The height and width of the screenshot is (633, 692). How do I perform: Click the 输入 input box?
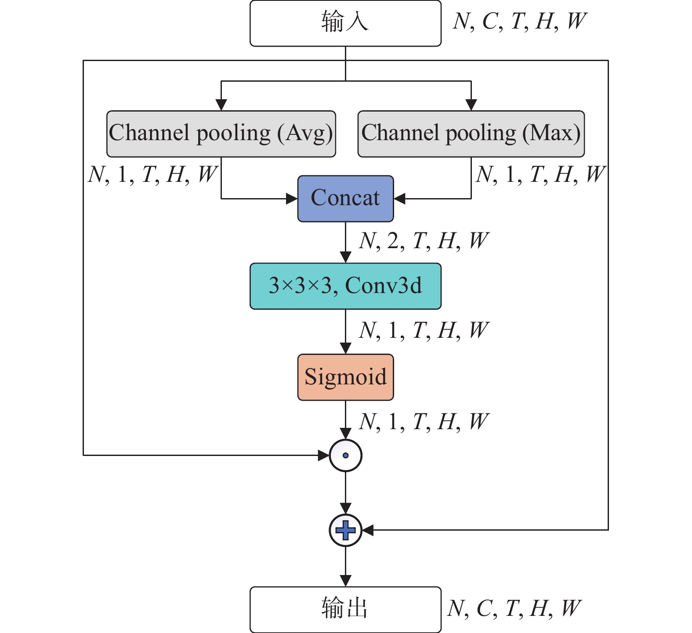345,23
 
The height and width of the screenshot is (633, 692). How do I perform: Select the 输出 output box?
345,609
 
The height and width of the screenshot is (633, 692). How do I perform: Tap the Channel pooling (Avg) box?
221,134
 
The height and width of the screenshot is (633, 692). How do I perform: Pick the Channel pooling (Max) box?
471,134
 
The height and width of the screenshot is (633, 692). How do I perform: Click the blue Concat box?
345,199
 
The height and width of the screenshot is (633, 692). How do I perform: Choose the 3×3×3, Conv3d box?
345,286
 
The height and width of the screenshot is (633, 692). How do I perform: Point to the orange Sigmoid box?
345,377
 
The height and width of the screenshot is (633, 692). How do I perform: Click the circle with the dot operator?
345,456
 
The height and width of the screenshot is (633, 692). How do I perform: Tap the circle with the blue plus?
345,530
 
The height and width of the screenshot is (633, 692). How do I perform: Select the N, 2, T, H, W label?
424,241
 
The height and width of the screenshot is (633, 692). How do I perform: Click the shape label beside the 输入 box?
520,21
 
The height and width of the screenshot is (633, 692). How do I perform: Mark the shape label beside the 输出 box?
514,608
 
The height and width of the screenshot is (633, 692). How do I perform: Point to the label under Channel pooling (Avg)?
152,174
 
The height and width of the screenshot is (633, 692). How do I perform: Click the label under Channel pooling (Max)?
540,174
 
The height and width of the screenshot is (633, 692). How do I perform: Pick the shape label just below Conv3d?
424,330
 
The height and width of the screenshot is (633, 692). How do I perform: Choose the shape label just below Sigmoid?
424,422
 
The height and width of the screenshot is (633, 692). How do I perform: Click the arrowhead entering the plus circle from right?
368,530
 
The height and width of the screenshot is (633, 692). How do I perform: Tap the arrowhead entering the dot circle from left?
323,456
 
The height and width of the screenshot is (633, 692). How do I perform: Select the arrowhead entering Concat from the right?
399,199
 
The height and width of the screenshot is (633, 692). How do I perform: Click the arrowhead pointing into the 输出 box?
345,580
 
